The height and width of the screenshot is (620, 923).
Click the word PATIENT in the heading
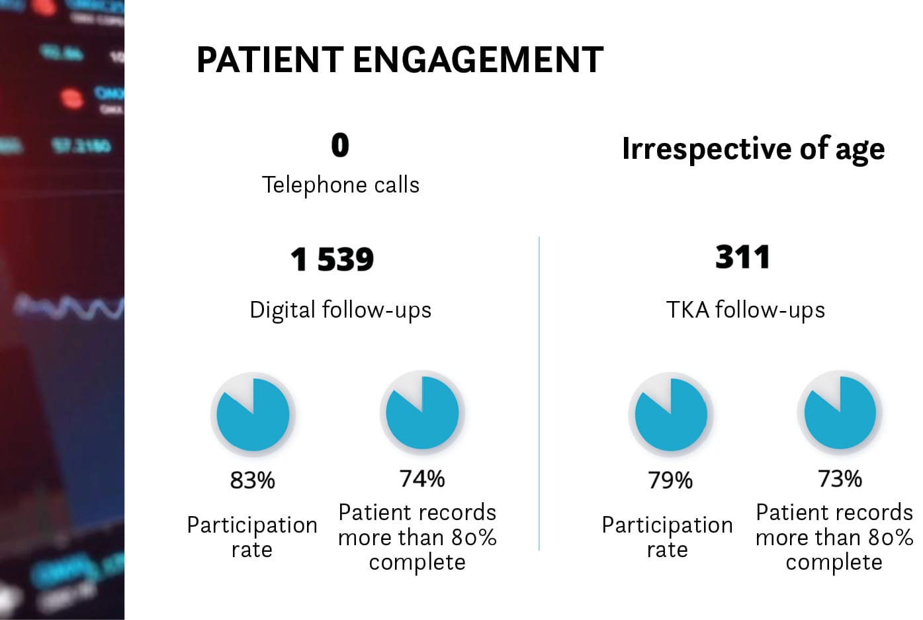[270, 60]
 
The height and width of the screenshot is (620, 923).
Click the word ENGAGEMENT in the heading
[478, 60]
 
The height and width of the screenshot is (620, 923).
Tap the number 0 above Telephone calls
[340, 145]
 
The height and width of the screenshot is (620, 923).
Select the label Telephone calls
[340, 185]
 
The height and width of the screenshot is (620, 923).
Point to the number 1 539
[332, 259]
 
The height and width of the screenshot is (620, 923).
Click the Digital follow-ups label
[340, 310]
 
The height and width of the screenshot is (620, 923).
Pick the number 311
[743, 257]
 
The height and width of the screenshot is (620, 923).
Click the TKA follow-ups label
[746, 310]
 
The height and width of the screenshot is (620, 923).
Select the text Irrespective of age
[753, 149]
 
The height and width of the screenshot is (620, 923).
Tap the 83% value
[252, 480]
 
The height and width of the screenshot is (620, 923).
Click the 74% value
[422, 478]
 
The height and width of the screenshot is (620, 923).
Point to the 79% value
[670, 480]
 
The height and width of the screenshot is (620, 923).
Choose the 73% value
[840, 478]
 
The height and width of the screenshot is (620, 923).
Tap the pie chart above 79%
[671, 415]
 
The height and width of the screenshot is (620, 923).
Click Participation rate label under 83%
[252, 537]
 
